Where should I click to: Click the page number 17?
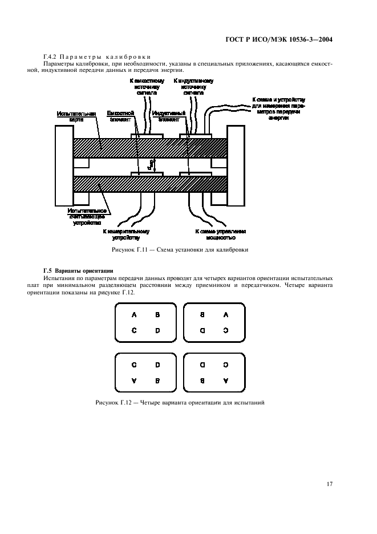pyautogui.click(x=329, y=484)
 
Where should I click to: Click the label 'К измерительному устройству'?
pyautogui.click(x=126, y=234)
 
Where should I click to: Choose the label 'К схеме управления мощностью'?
pyautogui.click(x=221, y=234)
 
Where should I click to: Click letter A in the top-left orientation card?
pyautogui.click(x=135, y=314)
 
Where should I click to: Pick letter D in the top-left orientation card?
pyautogui.click(x=158, y=330)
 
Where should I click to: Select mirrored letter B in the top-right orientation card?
pyautogui.click(x=202, y=314)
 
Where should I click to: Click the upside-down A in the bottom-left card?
pyautogui.click(x=135, y=380)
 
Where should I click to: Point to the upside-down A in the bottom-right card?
pyautogui.click(x=226, y=380)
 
